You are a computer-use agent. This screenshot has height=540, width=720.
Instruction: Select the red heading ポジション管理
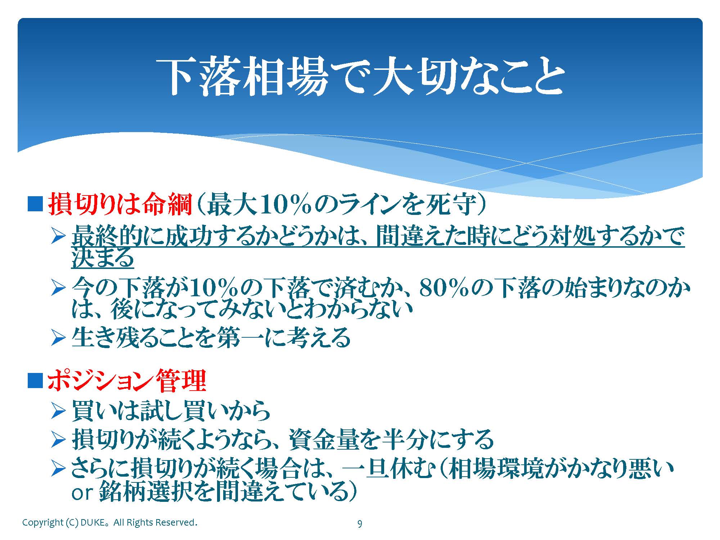point(127,381)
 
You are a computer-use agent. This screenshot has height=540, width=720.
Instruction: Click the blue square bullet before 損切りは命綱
point(35,204)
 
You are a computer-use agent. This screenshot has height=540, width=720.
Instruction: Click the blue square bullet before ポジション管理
point(35,381)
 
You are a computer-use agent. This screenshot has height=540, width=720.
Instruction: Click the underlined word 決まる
point(103,257)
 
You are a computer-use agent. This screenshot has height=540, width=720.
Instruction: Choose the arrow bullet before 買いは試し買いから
point(58,411)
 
